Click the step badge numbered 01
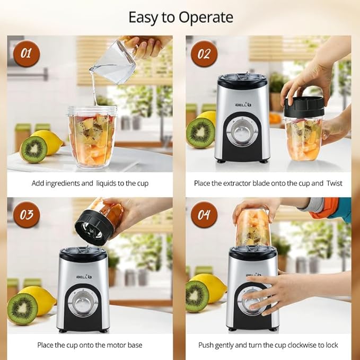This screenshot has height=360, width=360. (27, 54)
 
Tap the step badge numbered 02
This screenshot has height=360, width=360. (204, 54)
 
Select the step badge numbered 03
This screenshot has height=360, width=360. (27, 215)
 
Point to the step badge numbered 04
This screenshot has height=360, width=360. (204, 215)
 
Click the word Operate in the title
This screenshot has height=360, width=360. (206, 17)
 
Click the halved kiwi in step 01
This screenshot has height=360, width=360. (33, 150)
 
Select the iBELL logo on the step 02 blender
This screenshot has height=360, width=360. (243, 104)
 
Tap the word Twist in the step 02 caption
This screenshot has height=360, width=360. (334, 183)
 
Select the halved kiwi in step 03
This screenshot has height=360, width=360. (22, 309)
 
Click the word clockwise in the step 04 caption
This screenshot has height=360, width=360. (303, 345)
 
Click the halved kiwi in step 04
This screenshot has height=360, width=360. (197, 296)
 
